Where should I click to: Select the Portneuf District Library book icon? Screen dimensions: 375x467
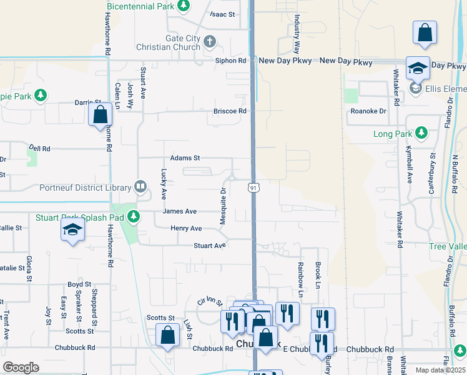point(141,187)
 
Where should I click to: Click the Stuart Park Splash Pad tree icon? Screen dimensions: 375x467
point(133,217)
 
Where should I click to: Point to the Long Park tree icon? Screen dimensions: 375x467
point(421,134)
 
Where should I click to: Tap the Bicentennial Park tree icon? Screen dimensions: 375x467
point(183,6)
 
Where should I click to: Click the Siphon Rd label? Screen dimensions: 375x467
point(231,61)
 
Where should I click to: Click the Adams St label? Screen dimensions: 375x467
point(185,158)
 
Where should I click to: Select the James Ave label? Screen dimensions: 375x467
point(179,211)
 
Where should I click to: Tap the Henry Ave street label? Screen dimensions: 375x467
point(186,229)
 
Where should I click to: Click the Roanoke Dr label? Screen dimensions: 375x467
point(368,111)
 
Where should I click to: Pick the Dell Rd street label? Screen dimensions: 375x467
point(39,148)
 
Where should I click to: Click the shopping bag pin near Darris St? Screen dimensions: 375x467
point(100,115)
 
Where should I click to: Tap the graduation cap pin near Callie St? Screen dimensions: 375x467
point(72,231)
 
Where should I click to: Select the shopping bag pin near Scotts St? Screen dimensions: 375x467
point(167,334)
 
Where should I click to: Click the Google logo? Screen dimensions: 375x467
point(21,367)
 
